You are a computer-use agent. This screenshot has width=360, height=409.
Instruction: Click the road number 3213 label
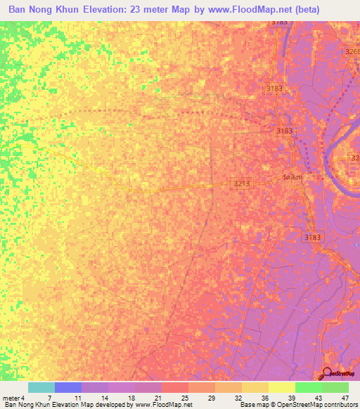(x=242, y=183)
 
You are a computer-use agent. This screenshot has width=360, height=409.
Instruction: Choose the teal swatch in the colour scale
(x=41, y=387)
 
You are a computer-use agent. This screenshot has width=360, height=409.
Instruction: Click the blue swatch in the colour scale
(x=68, y=387)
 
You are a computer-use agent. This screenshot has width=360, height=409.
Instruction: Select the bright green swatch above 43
(x=308, y=387)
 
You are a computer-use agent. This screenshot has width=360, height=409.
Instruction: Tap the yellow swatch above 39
(x=281, y=387)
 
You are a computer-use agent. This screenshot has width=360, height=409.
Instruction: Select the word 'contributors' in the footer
(x=339, y=405)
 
